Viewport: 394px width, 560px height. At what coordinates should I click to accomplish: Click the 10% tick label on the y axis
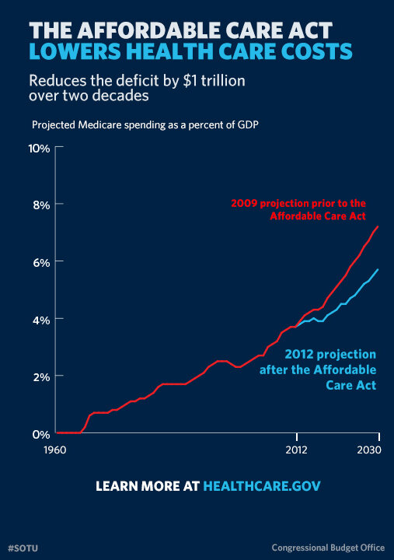39,147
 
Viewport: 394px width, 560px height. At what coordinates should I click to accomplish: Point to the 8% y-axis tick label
40,205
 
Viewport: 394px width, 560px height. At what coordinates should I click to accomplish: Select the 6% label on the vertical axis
40,262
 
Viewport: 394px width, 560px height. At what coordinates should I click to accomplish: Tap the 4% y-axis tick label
40,319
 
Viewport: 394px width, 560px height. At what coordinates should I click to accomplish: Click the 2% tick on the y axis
40,376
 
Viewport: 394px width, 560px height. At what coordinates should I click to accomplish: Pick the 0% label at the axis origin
40,433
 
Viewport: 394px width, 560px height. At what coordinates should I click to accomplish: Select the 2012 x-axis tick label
296,450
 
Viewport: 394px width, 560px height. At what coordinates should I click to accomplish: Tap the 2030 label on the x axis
368,450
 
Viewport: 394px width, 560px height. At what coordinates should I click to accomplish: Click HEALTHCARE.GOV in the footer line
261,486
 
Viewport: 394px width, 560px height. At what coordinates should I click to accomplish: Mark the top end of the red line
378,227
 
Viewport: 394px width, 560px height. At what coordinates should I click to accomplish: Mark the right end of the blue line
378,269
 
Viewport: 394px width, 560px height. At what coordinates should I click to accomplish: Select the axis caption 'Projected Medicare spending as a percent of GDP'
135,124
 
